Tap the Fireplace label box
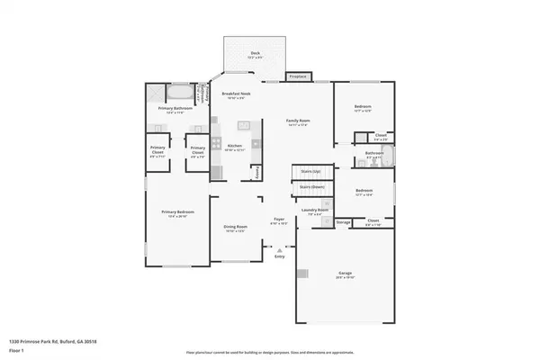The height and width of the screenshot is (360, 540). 298,76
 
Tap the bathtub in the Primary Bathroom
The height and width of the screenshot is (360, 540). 178,93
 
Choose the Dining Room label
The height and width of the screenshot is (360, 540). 235,227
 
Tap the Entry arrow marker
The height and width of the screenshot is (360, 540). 280,249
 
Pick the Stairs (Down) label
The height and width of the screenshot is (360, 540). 311,186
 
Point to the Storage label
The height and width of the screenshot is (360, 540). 343,221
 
